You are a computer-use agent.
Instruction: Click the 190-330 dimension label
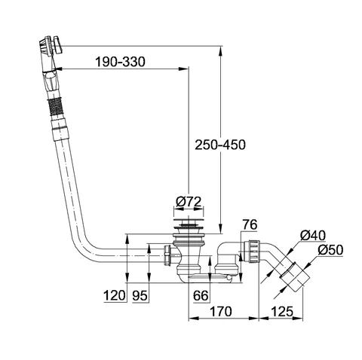(x=120, y=62)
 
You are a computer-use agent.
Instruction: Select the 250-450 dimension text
(x=220, y=145)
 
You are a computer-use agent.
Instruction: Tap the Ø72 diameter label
(x=189, y=202)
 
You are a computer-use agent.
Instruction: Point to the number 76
(x=250, y=224)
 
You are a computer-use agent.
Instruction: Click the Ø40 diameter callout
(x=313, y=236)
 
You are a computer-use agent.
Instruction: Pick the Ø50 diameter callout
(x=330, y=250)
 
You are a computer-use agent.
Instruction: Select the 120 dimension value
(x=115, y=295)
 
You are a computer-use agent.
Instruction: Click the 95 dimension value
(x=140, y=295)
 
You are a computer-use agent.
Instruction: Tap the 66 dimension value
(x=201, y=295)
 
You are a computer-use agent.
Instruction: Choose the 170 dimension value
(x=221, y=312)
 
